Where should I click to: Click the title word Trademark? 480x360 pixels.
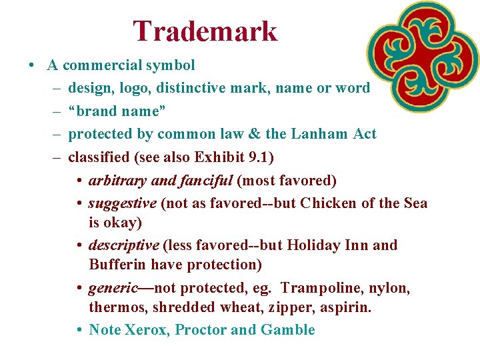pyautogui.click(x=205, y=31)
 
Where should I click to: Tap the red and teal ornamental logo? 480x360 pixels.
pyautogui.click(x=423, y=56)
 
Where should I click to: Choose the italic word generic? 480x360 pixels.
pyautogui.click(x=112, y=288)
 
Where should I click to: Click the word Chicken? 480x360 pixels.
pyautogui.click(x=329, y=203)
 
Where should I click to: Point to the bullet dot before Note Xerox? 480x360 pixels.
pyautogui.click(x=79, y=330)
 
